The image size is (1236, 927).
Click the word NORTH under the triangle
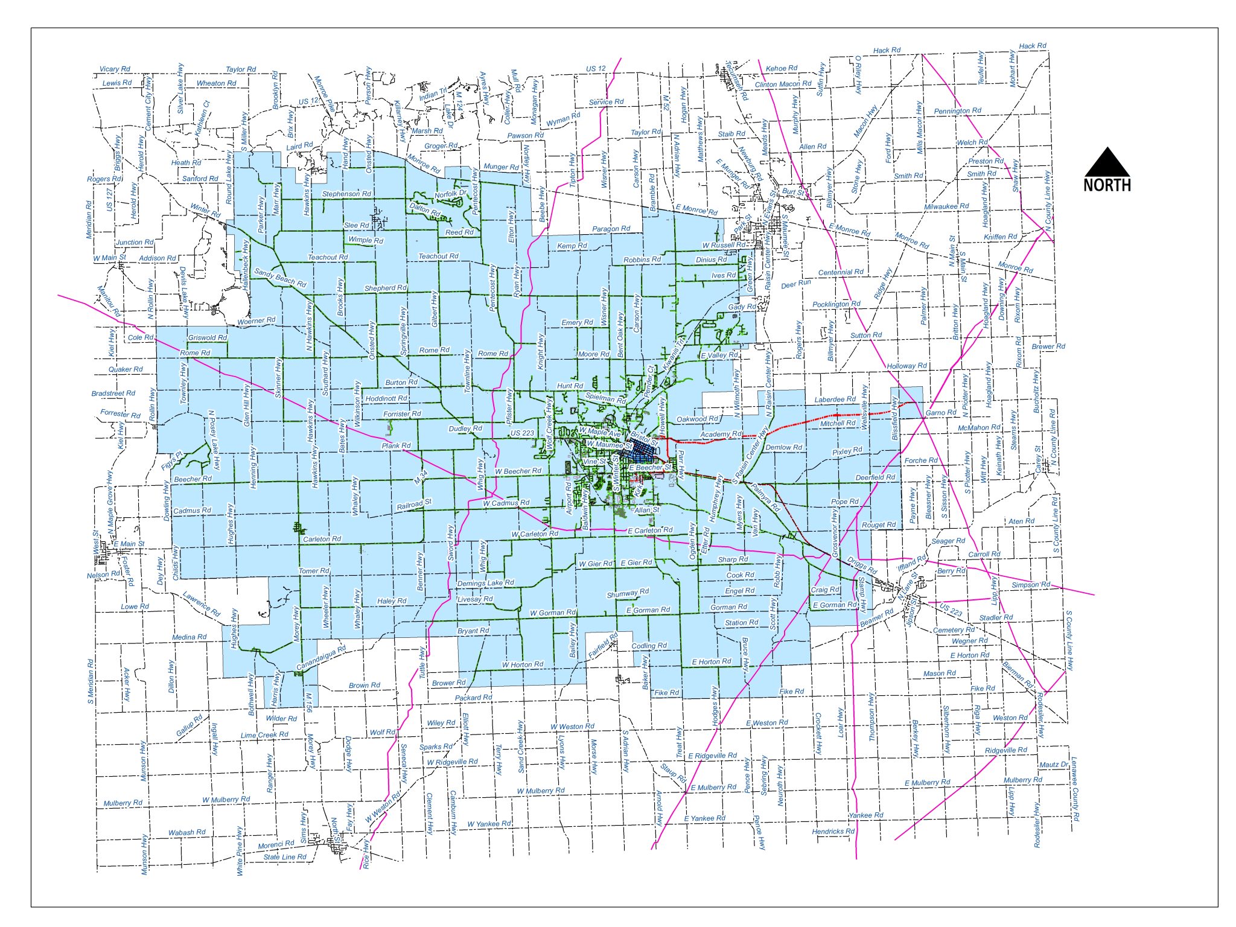1107,185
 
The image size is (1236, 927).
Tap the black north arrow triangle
1107,163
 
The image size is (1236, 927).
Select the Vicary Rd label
115,69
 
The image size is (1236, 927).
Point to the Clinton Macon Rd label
783,84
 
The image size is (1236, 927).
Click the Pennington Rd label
957,111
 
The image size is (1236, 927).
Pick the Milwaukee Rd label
946,206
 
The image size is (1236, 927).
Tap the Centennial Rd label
841,272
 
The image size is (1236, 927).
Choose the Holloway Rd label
906,366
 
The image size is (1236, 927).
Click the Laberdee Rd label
835,400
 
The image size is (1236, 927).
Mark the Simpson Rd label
1031,585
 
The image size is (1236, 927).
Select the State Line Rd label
285,856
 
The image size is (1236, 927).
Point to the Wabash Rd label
186,832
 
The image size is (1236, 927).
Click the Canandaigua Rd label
321,658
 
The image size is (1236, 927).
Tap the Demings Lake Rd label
485,583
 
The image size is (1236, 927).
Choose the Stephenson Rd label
346,194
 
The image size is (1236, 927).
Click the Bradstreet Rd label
113,393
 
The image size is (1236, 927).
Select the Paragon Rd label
611,229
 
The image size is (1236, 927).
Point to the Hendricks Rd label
833,831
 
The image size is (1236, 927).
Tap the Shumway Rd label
628,593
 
